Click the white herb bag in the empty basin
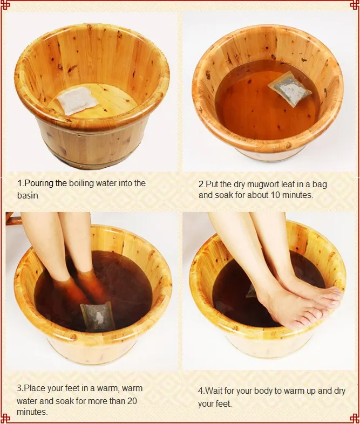pyautogui.click(x=77, y=101)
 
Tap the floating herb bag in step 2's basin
pyautogui.click(x=290, y=89)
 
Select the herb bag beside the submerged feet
pyautogui.click(x=97, y=317)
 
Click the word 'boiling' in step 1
pyautogui.click(x=81, y=183)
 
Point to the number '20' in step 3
pyautogui.click(x=131, y=400)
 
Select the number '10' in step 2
pyautogui.click(x=275, y=195)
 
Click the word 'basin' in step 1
pyautogui.click(x=28, y=195)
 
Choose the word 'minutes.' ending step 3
pyautogui.click(x=32, y=412)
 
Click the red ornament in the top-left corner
pyautogui.click(x=5, y=5)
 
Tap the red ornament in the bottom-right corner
pyautogui.click(x=355, y=418)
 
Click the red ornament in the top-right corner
pyautogui.click(x=355, y=5)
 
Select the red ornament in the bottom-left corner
pyautogui.click(x=5, y=418)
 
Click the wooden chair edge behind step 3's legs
pyautogui.click(x=13, y=219)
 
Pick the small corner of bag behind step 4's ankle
pyautogui.click(x=252, y=291)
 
